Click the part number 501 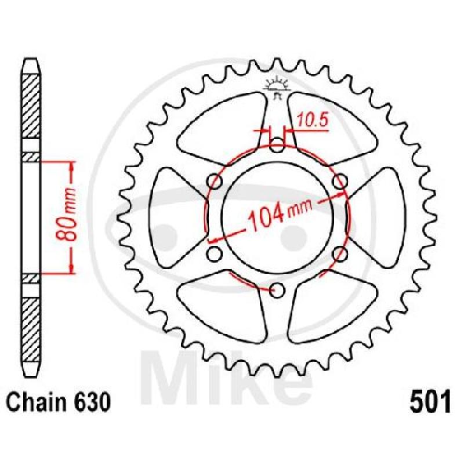[x=430, y=401]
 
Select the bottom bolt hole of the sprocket [x=277, y=290]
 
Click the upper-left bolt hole [x=215, y=181]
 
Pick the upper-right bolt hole [x=340, y=181]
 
